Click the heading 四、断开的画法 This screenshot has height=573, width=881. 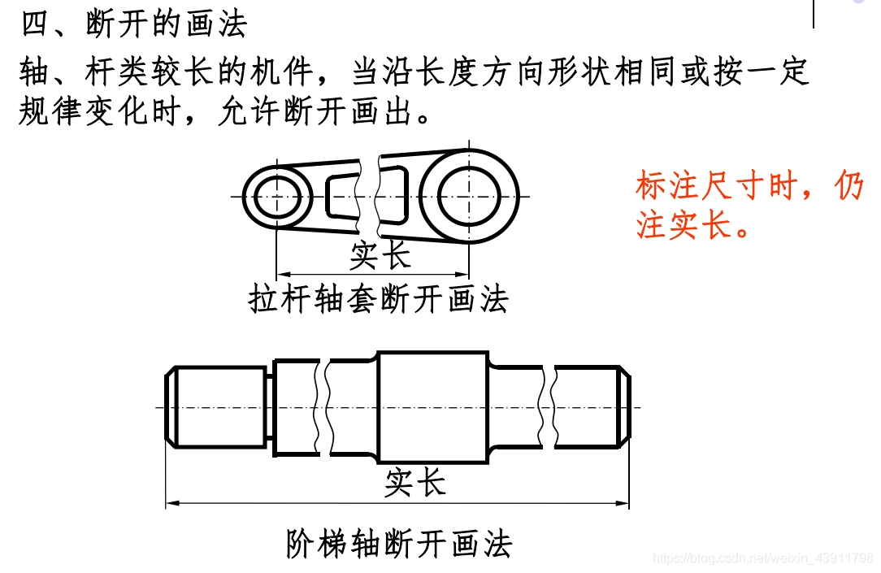[x=134, y=24]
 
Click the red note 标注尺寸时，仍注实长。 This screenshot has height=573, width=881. [x=749, y=205]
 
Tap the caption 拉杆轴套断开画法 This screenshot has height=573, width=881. [x=378, y=299]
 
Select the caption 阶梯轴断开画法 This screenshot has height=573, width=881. [x=399, y=543]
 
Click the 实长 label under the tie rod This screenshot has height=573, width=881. [x=380, y=255]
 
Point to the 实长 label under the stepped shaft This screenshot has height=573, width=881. [x=415, y=483]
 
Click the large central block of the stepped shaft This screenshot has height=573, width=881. [x=433, y=407]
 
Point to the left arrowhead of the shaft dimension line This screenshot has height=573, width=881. [x=172, y=503]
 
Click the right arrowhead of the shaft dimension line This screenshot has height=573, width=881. [x=622, y=503]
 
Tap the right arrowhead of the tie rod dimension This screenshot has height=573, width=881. [x=462, y=275]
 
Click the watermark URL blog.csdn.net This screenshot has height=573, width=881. [x=762, y=558]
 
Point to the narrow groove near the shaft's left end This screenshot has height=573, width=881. [x=270, y=407]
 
